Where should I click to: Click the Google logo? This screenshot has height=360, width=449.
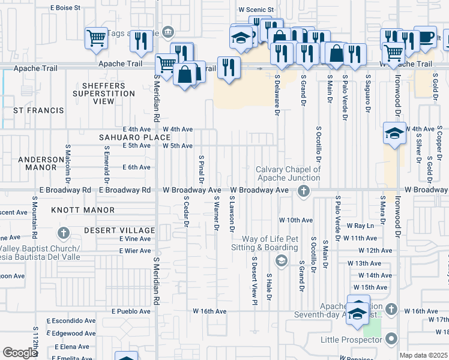(x=20, y=353)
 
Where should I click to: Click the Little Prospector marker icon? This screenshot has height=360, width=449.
(x=391, y=340)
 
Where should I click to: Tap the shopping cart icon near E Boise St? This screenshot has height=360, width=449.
(x=96, y=38)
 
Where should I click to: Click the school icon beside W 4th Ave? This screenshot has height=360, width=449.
(x=393, y=133)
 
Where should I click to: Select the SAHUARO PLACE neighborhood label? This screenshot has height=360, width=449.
(x=135, y=137)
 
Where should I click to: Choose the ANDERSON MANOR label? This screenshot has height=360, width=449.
(x=41, y=163)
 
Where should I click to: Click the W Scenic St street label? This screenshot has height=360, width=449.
(x=256, y=10)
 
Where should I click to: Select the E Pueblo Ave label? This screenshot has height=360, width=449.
(x=131, y=311)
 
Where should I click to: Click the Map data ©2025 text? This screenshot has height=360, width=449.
(x=424, y=355)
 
